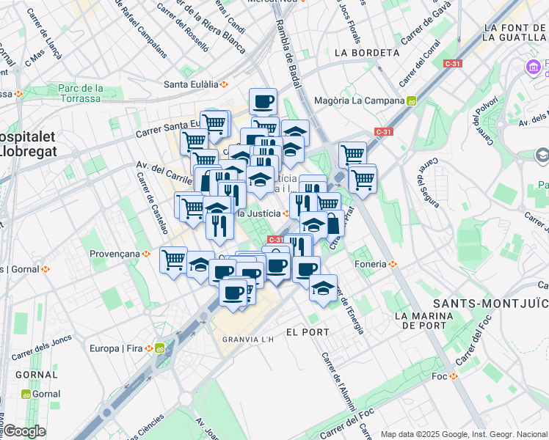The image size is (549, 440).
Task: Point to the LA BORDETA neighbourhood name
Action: (366, 53)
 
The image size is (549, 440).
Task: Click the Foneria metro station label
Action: (371, 264)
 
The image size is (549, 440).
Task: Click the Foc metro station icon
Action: (454, 376)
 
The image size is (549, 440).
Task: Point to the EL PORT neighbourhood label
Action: (307, 332)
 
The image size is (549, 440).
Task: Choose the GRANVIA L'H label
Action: (248, 340)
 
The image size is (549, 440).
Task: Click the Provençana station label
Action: (114, 253)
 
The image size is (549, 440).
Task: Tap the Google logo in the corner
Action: (24, 431)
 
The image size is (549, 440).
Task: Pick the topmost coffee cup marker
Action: (263, 100)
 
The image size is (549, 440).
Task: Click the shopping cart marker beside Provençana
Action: (173, 259)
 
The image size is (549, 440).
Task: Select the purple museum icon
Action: (534, 69)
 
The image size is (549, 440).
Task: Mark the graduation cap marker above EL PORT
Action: (322, 287)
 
